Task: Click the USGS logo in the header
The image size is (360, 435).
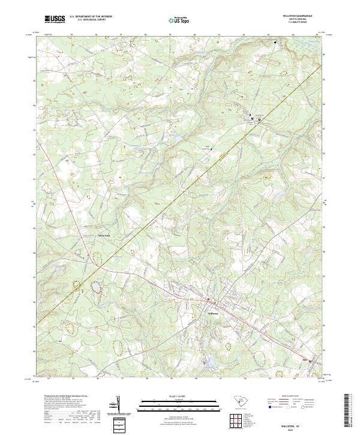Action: coord(55,20)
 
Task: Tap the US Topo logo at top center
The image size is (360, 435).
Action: coord(180,20)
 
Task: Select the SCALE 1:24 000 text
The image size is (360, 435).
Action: coord(179,396)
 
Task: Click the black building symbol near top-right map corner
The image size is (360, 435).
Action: coord(276,43)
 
